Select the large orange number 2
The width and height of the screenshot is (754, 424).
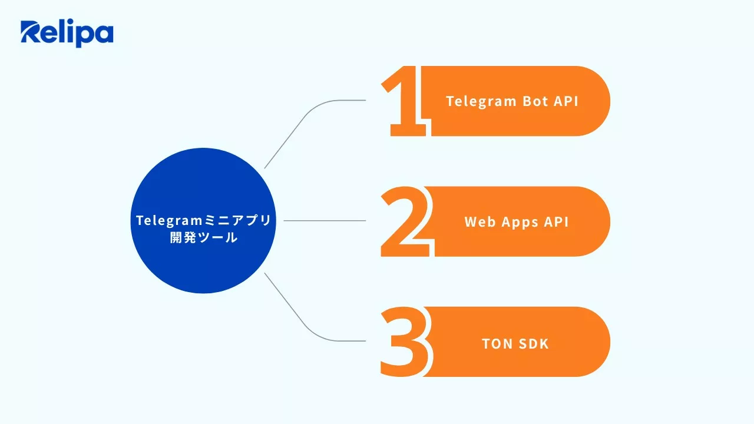pyautogui.click(x=405, y=222)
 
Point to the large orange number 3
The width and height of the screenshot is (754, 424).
pyautogui.click(x=405, y=342)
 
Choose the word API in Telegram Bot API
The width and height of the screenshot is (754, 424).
pyautogui.click(x=566, y=101)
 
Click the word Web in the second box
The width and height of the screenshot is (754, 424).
pyautogui.click(x=479, y=222)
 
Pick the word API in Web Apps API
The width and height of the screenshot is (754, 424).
pyautogui.click(x=557, y=222)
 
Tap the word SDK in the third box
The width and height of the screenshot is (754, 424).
pyautogui.click(x=533, y=343)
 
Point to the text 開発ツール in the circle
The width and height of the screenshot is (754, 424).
pyautogui.click(x=203, y=238)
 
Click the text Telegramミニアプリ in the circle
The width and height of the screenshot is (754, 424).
pyautogui.click(x=203, y=220)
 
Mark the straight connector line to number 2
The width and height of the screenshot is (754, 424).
pyautogui.click(x=324, y=221)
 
